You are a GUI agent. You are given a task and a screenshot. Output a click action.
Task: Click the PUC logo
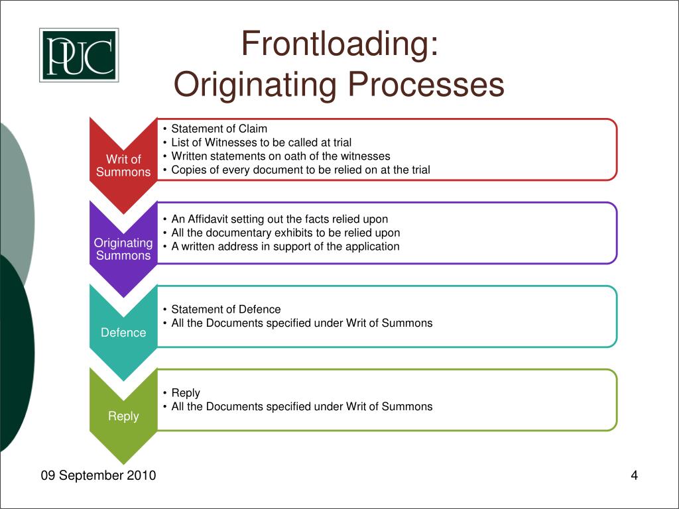79,55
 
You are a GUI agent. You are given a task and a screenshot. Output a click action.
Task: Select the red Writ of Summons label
123,166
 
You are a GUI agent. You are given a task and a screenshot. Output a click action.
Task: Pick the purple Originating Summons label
123,249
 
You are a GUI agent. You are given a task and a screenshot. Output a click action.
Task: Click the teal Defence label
123,333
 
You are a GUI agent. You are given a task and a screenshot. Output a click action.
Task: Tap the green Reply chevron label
123,416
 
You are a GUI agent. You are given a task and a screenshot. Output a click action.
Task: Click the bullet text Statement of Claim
219,129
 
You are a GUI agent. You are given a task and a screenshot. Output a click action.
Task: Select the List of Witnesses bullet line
261,142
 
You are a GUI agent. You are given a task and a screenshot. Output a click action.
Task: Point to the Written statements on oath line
280,156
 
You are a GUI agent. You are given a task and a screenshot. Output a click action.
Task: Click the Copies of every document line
300,170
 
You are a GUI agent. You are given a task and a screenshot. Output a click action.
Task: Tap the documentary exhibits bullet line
285,233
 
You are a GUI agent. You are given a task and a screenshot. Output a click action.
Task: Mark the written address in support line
285,247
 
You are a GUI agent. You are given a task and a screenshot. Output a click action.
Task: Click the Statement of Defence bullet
225,310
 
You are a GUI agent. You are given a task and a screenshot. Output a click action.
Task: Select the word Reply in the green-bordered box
186,393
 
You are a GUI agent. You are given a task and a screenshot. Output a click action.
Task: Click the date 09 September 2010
98,475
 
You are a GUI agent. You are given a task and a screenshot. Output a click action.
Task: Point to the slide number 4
634,475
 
